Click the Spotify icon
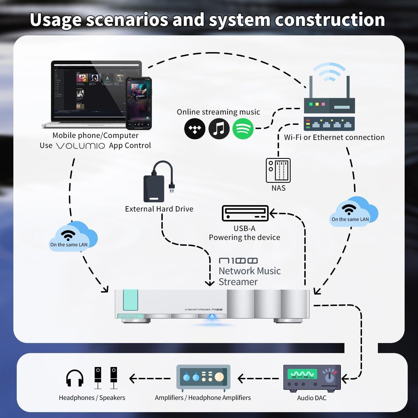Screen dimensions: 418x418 243,129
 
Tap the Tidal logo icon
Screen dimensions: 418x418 195,129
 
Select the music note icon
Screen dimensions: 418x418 219,129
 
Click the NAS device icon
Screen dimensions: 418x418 278,170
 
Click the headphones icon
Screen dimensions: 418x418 75,378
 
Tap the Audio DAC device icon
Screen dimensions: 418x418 312,378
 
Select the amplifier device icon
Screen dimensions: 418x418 203,377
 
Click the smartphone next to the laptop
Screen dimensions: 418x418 139,103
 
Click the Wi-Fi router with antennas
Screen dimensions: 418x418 329,106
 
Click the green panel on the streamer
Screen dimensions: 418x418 130,300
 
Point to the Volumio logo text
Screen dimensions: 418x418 81,146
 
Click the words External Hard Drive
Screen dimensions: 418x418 159,209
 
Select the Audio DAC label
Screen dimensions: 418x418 312,398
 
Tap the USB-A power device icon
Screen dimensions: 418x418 245,213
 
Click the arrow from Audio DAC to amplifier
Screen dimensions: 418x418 258,378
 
